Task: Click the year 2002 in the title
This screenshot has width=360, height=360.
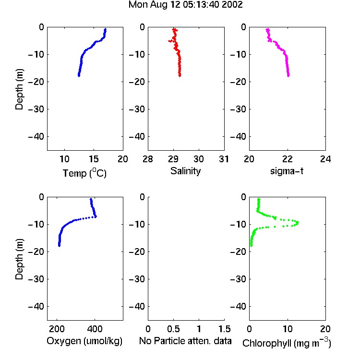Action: click(232, 5)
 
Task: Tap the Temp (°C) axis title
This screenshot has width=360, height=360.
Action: click(84, 173)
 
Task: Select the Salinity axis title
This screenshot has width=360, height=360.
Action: click(185, 171)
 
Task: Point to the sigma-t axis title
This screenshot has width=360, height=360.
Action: click(287, 171)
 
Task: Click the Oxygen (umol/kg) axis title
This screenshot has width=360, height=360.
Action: click(84, 341)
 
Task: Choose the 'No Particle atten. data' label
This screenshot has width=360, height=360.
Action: click(185, 341)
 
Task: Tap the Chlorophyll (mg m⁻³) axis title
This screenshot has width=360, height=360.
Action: click(287, 343)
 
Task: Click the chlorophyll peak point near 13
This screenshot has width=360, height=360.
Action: click(298, 222)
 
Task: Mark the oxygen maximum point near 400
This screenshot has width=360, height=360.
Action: click(96, 216)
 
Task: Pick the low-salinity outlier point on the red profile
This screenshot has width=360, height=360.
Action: click(169, 41)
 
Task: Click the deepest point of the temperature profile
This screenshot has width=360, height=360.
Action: click(79, 75)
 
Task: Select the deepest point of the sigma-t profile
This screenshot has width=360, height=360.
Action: click(288, 75)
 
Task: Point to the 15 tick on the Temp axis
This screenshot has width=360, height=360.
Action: click(94, 159)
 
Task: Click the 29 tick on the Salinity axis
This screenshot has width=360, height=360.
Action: click(173, 159)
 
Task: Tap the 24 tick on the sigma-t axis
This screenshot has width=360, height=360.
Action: click(325, 159)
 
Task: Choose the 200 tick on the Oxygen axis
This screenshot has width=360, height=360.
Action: click(57, 329)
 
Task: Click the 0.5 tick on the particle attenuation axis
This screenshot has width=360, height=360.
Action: click(173, 329)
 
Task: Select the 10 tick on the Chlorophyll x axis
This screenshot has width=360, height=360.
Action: click(288, 329)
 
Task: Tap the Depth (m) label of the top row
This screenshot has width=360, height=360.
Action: click(19, 89)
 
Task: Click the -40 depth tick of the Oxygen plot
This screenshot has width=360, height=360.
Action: click(36, 306)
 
